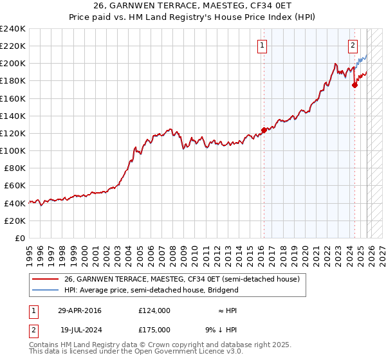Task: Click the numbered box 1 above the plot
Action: pos(263,45)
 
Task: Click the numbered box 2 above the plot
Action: pos(353,45)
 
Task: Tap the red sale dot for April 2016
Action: pos(264,130)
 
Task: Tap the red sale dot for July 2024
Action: pos(354,85)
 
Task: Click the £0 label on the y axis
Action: pos(19,238)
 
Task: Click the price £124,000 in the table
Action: pos(154,310)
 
